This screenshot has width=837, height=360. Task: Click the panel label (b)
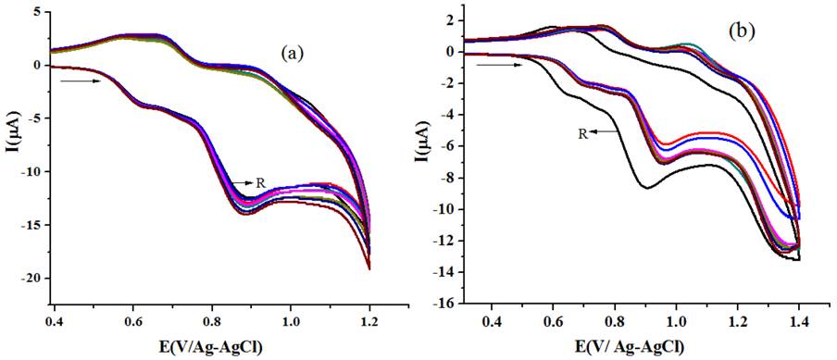pos(742,31)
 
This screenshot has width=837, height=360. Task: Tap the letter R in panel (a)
pos(261,183)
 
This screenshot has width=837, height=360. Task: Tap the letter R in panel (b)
pos(582,133)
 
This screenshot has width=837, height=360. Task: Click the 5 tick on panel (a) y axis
pos(38,12)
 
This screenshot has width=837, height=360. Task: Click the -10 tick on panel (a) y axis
pos(32,171)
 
